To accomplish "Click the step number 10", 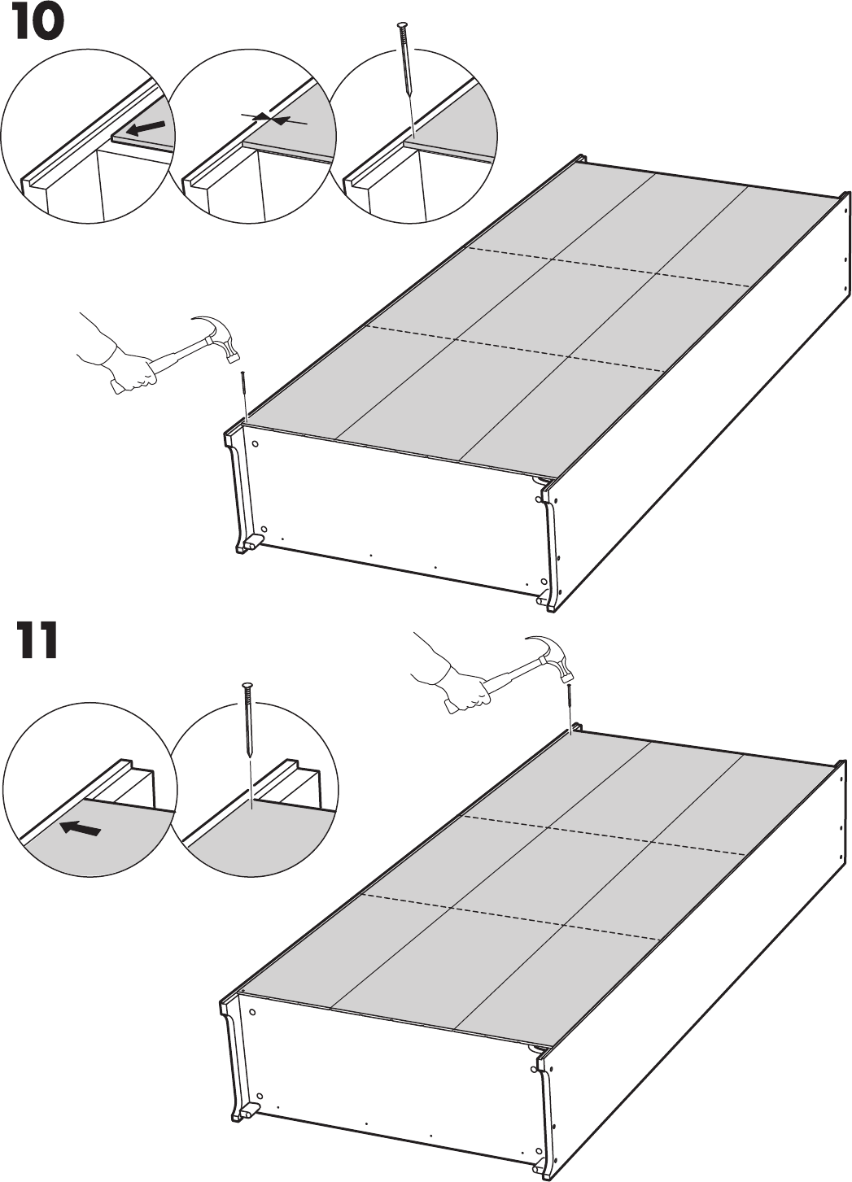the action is click(x=37, y=25).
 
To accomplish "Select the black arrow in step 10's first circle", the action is click(x=150, y=128).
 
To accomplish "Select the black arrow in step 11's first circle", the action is click(x=81, y=829).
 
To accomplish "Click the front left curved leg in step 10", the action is click(x=237, y=488).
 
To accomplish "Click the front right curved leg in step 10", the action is click(x=549, y=545).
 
